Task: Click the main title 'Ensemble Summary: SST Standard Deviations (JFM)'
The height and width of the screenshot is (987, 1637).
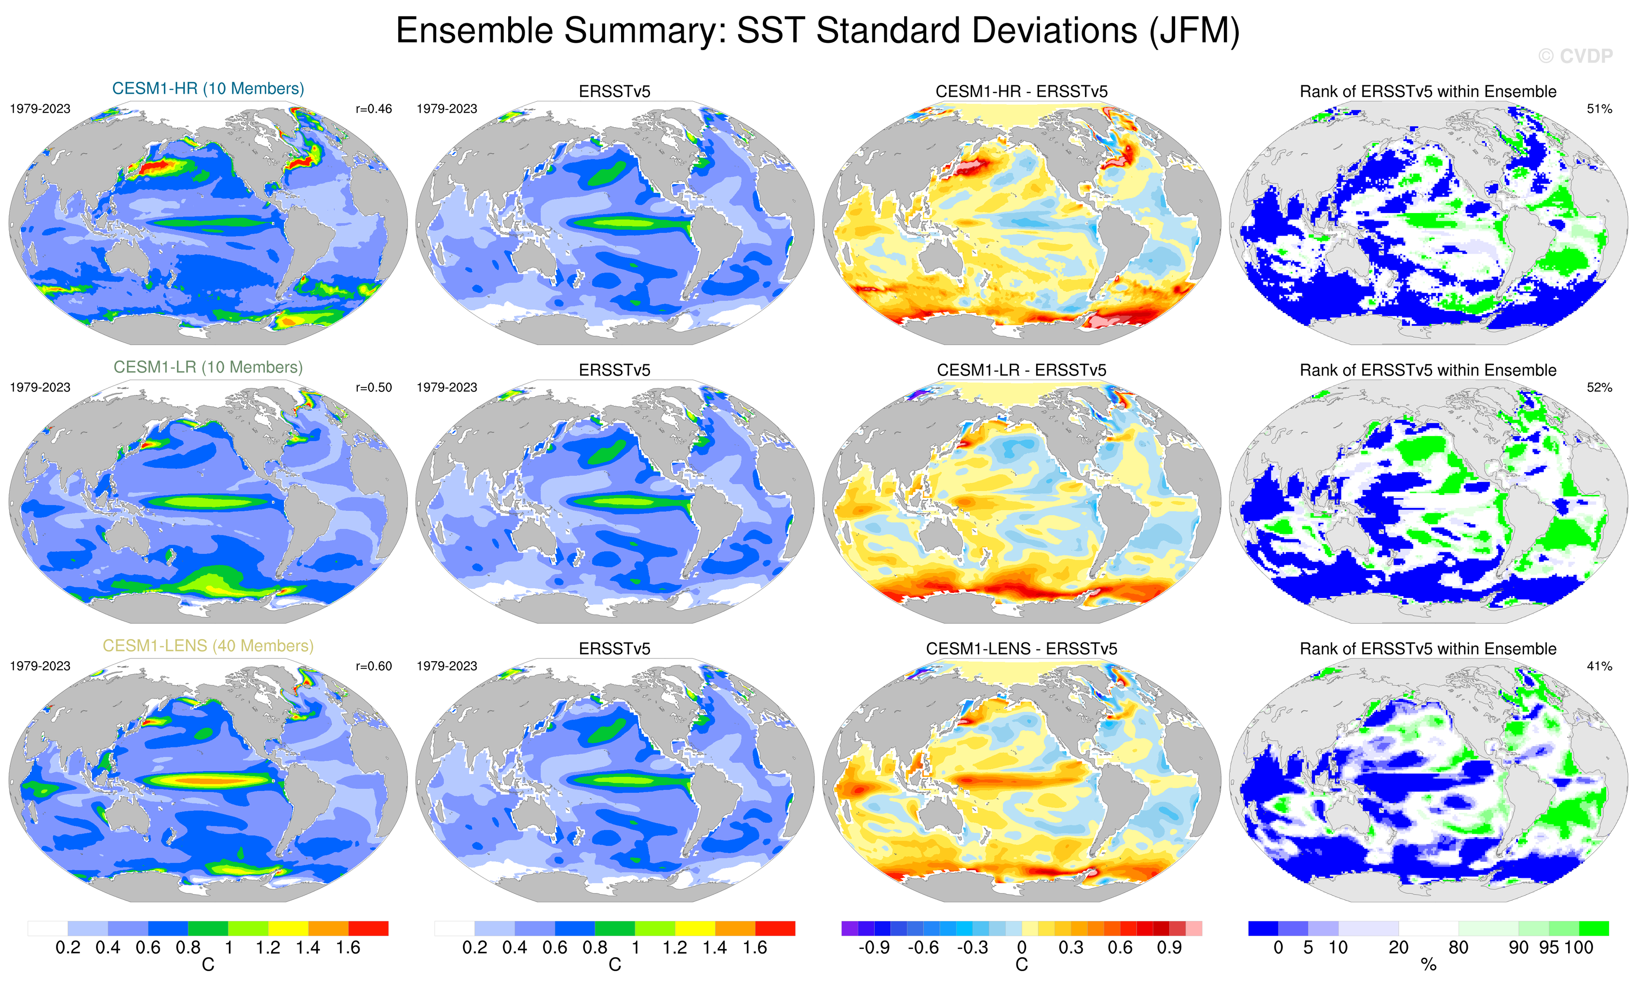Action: (x=818, y=31)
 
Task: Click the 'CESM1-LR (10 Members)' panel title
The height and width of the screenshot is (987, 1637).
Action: (x=208, y=367)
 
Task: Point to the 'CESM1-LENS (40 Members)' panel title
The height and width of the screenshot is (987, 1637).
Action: (x=208, y=646)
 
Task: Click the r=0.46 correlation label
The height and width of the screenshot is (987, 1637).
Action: (x=373, y=109)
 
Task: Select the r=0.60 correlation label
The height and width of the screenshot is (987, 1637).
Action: (x=373, y=666)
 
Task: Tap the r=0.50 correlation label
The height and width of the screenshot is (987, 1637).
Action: (x=373, y=387)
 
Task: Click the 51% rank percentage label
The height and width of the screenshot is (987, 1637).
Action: (x=1599, y=109)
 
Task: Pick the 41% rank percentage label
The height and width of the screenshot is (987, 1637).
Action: (x=1599, y=666)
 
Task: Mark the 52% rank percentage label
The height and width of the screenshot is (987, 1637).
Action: (x=1599, y=387)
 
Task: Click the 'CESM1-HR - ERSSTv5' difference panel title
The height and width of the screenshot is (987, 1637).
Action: (x=1021, y=92)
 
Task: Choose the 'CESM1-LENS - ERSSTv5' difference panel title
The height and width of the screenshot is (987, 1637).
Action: (x=1021, y=649)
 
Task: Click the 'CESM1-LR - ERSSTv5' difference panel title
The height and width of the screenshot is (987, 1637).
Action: (x=1021, y=370)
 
